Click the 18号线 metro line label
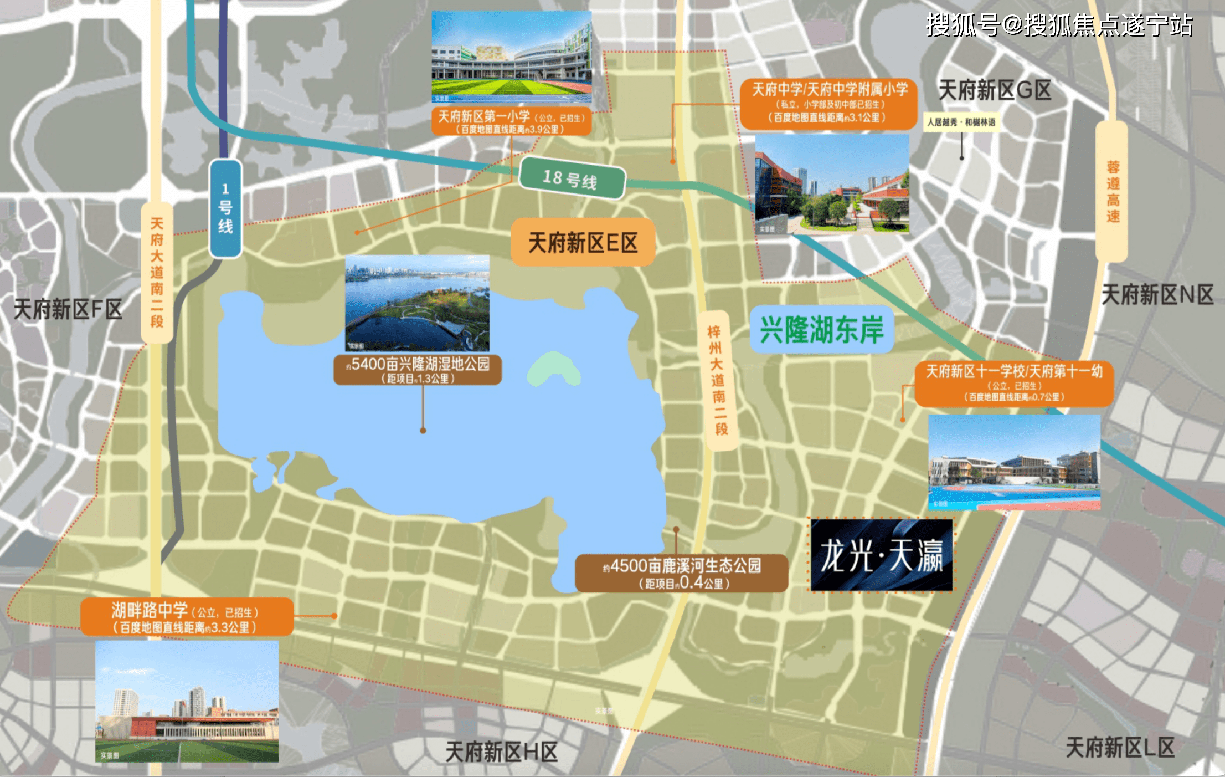pyautogui.click(x=572, y=178)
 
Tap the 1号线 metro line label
pyautogui.click(x=225, y=208)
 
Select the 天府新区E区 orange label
pyautogui.click(x=583, y=243)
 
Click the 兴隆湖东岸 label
pyautogui.click(x=821, y=330)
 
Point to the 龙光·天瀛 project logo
pyautogui.click(x=882, y=555)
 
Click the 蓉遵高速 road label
pyautogui.click(x=1112, y=192)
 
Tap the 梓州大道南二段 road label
pyautogui.click(x=718, y=380)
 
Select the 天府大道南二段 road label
pyautogui.click(x=157, y=273)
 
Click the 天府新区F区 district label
pyautogui.click(x=68, y=309)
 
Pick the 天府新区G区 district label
pyautogui.click(x=995, y=90)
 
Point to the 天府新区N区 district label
pyautogui.click(x=1157, y=294)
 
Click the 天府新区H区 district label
pyautogui.click(x=501, y=752)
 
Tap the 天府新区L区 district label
pyautogui.click(x=1120, y=748)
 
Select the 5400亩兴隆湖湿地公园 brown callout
pyautogui.click(x=418, y=370)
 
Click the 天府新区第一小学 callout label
pyautogui.click(x=511, y=121)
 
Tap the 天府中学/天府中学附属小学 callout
pyautogui.click(x=829, y=104)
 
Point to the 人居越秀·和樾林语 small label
pyautogui.click(x=961, y=122)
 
